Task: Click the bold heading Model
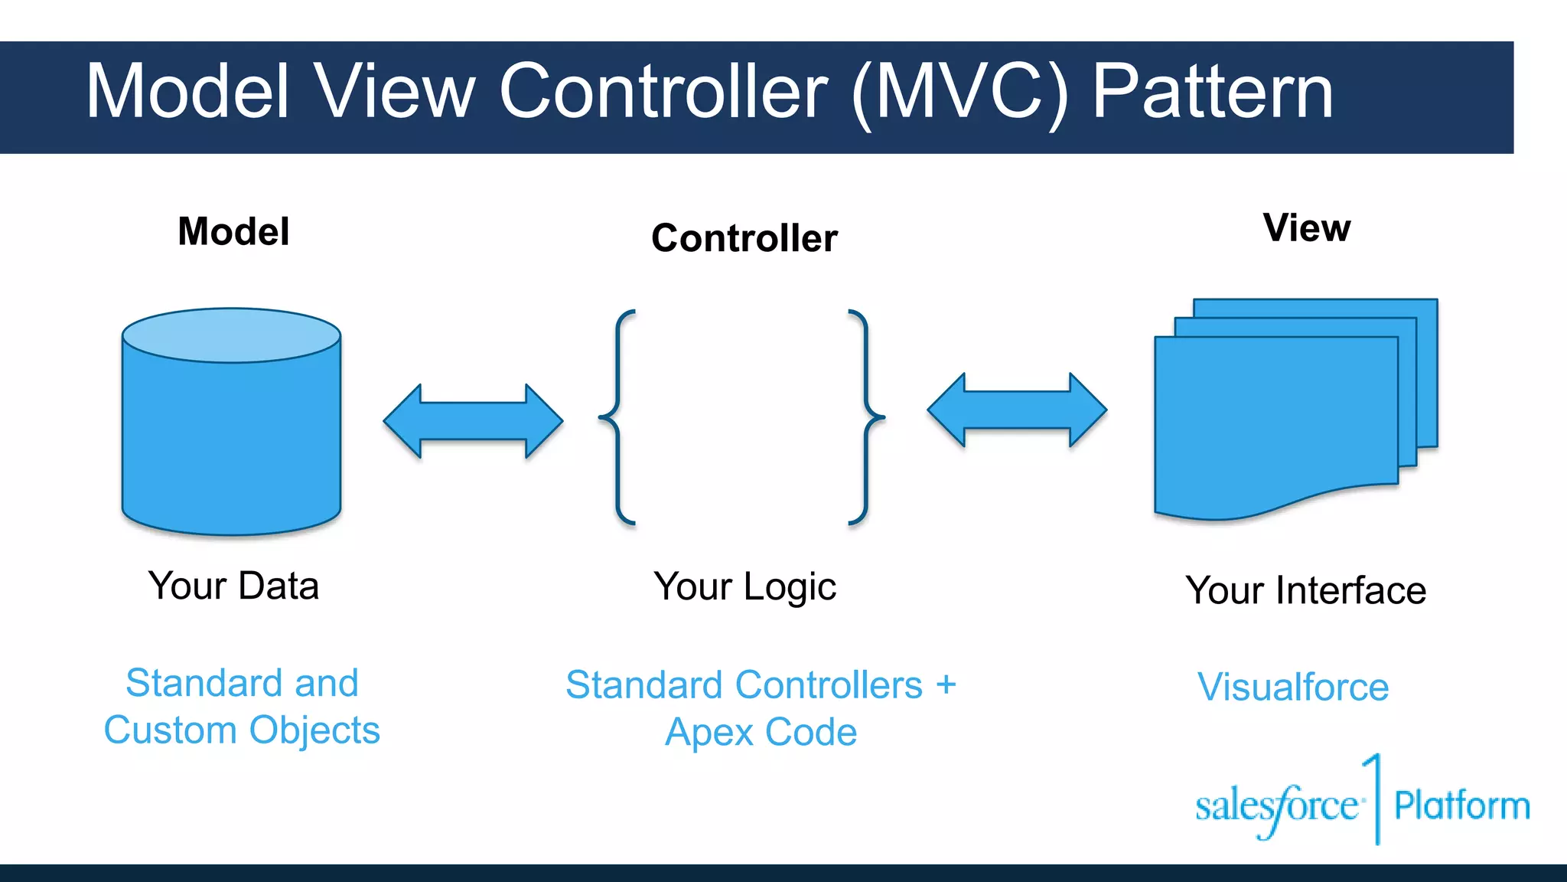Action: tap(233, 231)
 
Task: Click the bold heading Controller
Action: tap(744, 238)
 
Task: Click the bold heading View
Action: tap(1307, 228)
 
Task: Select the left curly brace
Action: tap(617, 417)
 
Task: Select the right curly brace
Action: tap(866, 417)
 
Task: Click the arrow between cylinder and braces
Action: tap(473, 421)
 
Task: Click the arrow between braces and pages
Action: tap(1017, 410)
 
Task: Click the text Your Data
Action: tap(233, 586)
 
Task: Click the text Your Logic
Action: tap(744, 587)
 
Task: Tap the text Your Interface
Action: tap(1305, 590)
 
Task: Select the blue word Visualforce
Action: tap(1293, 687)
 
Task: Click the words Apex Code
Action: tap(761, 732)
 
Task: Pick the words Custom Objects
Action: tap(242, 730)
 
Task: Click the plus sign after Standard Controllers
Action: tap(946, 684)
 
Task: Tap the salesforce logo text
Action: tap(1276, 806)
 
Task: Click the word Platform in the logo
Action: tap(1461, 805)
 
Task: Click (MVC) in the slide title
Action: tap(959, 92)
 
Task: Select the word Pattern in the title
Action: tap(1213, 92)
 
